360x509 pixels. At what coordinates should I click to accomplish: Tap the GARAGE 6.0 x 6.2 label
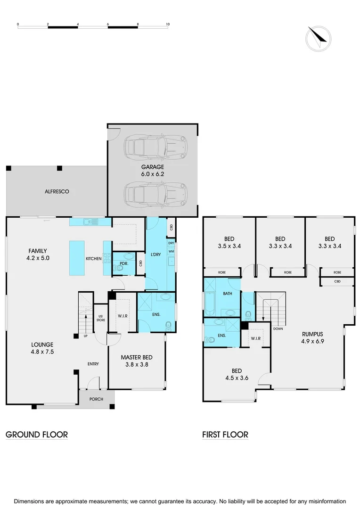coord(153,170)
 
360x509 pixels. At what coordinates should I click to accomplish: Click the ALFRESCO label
coord(57,191)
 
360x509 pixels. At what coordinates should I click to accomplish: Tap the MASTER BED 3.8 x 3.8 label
coord(136,361)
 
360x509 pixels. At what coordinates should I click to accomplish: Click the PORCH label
coord(96,399)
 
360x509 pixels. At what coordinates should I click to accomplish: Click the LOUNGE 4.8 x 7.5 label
coord(42,348)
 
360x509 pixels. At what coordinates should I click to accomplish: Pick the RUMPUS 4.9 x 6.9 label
coord(313,337)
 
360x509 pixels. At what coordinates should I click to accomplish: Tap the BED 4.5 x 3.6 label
coord(237,374)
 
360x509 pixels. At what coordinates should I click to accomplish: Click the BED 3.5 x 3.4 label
coord(229,242)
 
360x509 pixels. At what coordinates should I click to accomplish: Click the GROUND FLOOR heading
coord(37,435)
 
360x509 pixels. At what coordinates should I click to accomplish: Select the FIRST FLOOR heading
coord(225,435)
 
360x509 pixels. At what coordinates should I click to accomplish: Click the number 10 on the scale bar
coord(167,23)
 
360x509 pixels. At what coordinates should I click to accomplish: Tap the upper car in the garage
coord(155,147)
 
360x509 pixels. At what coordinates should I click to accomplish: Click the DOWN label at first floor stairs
coord(278,328)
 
